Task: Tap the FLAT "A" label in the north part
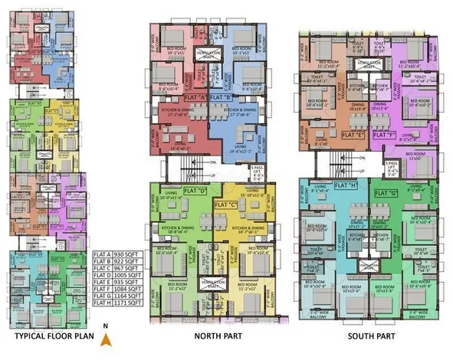192,98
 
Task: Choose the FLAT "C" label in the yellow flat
225,205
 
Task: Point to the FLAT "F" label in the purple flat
384,135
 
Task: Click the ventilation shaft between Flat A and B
211,55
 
